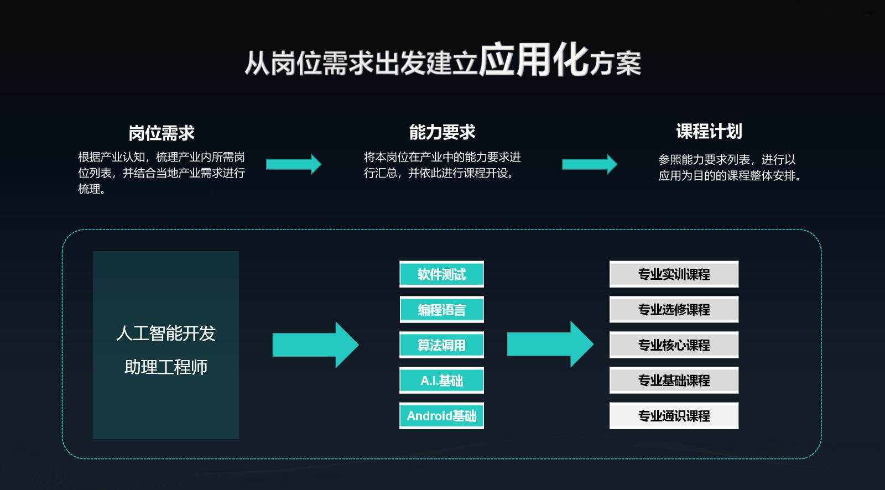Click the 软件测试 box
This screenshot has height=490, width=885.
pyautogui.click(x=441, y=274)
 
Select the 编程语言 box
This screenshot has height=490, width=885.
pyautogui.click(x=441, y=310)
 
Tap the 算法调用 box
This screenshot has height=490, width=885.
pyautogui.click(x=441, y=345)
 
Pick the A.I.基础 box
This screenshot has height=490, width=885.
pyautogui.click(x=441, y=380)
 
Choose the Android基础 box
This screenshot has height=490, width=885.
pyautogui.click(x=441, y=416)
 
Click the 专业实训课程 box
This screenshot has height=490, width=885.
pyautogui.click(x=674, y=274)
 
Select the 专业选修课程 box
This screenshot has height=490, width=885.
pyautogui.click(x=674, y=310)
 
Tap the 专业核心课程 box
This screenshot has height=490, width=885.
pyautogui.click(x=674, y=345)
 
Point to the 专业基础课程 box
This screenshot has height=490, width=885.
pyautogui.click(x=674, y=380)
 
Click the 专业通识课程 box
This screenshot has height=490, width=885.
pyautogui.click(x=674, y=416)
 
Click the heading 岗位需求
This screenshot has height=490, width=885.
pyautogui.click(x=162, y=133)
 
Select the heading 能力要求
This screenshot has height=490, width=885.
pyautogui.click(x=442, y=132)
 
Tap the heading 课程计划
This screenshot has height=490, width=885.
pyautogui.click(x=709, y=131)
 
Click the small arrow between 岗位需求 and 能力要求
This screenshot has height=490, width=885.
pyautogui.click(x=294, y=164)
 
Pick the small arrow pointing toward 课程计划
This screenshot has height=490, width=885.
pyautogui.click(x=590, y=164)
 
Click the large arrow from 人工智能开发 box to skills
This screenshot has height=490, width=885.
pyautogui.click(x=315, y=345)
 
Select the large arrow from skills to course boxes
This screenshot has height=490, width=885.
pyautogui.click(x=550, y=345)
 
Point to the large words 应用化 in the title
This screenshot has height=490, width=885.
pyautogui.click(x=533, y=60)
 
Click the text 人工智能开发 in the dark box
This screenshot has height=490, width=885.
pyautogui.click(x=166, y=333)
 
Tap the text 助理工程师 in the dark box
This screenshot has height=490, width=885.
pyautogui.click(x=166, y=367)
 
